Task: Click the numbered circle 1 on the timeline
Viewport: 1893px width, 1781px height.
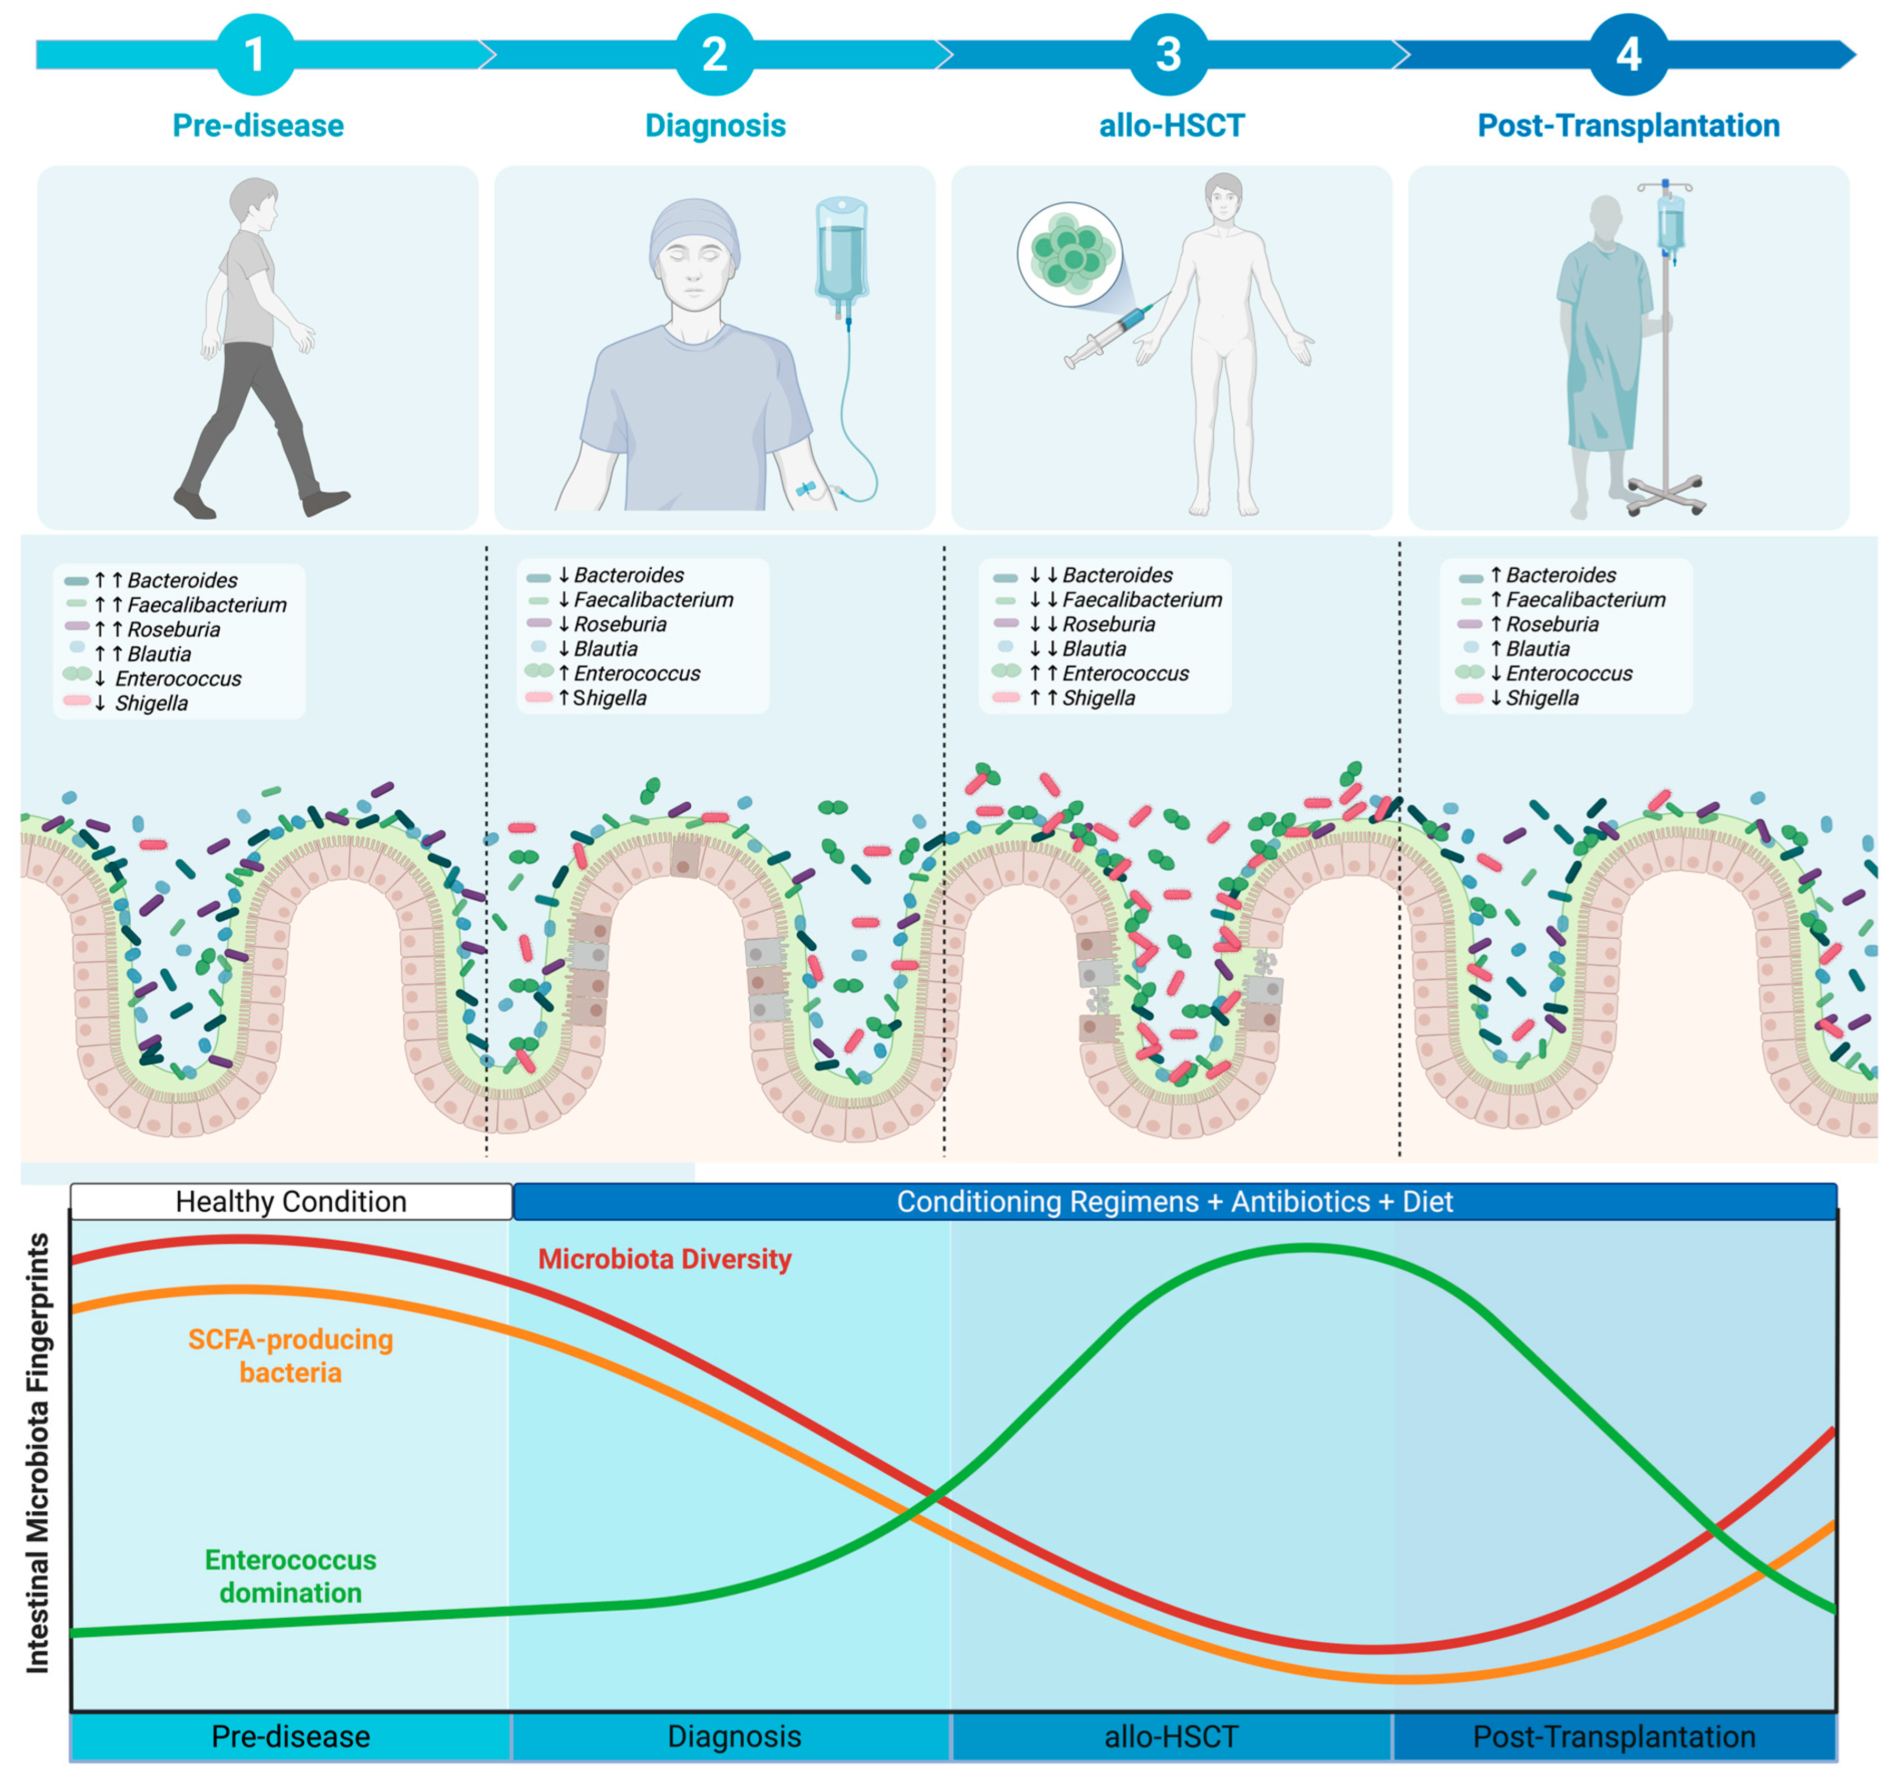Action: (x=255, y=54)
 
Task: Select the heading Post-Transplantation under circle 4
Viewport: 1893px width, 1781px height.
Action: (x=1628, y=125)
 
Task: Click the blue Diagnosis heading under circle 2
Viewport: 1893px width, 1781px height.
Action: (x=715, y=125)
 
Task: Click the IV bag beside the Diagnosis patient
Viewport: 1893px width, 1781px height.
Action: (x=841, y=252)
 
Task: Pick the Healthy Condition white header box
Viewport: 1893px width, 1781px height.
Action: (x=292, y=1201)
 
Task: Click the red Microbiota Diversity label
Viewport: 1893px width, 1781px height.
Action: (x=664, y=1259)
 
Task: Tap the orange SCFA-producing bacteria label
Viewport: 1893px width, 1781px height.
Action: (x=291, y=1356)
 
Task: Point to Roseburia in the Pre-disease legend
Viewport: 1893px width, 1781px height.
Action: (x=173, y=629)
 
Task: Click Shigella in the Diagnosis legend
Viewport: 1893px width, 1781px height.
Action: (x=610, y=698)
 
